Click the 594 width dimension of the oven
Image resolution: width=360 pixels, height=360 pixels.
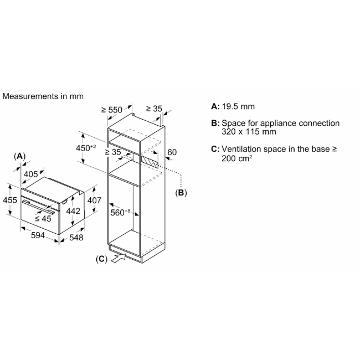pos(38,235)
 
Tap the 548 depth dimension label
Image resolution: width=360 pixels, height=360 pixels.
pos(76,238)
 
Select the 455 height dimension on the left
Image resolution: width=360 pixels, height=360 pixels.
pos(10,200)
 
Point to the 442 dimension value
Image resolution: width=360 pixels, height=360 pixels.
pos(73,211)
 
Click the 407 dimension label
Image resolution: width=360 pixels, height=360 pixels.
pos(94,200)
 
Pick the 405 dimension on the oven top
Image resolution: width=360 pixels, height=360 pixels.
pos(31,174)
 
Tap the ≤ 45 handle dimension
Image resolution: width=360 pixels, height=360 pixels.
pos(43,219)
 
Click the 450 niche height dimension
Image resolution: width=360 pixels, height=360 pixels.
pos(86,148)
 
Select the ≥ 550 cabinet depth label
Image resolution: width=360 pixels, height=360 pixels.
pos(112,110)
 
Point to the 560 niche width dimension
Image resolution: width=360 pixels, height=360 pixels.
pos(120,212)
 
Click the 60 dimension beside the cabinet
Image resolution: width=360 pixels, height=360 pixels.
pos(172,152)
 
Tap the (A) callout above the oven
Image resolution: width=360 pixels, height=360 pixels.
pos(19,156)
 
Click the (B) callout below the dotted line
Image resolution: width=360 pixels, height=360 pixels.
pos(181,193)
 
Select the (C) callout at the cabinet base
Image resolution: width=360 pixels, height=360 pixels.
pos(101,259)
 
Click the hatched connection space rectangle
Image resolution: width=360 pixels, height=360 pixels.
pos(150,163)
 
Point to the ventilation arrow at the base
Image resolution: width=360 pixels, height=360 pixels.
pos(119,258)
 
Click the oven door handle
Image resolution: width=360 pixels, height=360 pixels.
pos(39,207)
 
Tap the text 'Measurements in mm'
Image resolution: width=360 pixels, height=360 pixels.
pos(43,96)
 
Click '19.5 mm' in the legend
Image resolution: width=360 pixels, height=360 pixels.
pos(238,106)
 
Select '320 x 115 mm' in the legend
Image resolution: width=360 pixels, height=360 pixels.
pos(249,132)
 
